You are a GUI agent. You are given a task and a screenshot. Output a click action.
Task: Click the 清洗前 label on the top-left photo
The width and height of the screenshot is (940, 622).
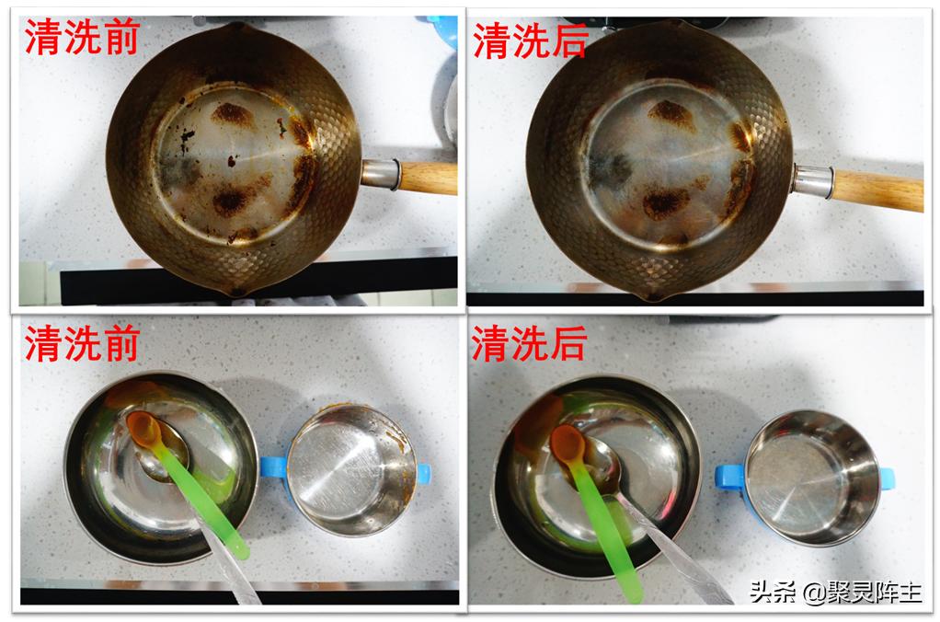(x=83, y=40)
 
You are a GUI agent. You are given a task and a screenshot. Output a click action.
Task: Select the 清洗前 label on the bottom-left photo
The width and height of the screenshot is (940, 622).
(x=83, y=344)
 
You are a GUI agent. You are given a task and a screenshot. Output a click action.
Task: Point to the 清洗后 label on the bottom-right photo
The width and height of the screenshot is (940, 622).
(x=530, y=344)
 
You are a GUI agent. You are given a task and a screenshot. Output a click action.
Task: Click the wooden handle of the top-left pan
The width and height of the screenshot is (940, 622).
(x=429, y=177)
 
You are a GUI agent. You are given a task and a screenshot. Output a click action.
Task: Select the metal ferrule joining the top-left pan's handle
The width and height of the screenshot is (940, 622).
(x=381, y=173)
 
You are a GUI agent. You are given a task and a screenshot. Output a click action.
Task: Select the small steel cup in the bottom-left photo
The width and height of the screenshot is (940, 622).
(x=350, y=469)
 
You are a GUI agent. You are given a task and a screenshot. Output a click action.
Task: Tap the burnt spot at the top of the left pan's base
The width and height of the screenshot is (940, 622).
(x=232, y=114)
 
